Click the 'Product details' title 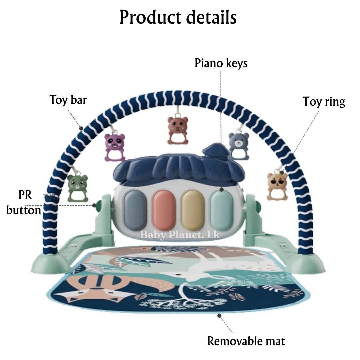click(x=178, y=17)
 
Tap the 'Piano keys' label click(x=221, y=63)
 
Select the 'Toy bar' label click(x=68, y=100)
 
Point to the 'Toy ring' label click(x=324, y=101)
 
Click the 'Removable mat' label click(x=246, y=341)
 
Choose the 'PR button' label click(x=24, y=202)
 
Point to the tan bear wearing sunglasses click(x=277, y=185)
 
